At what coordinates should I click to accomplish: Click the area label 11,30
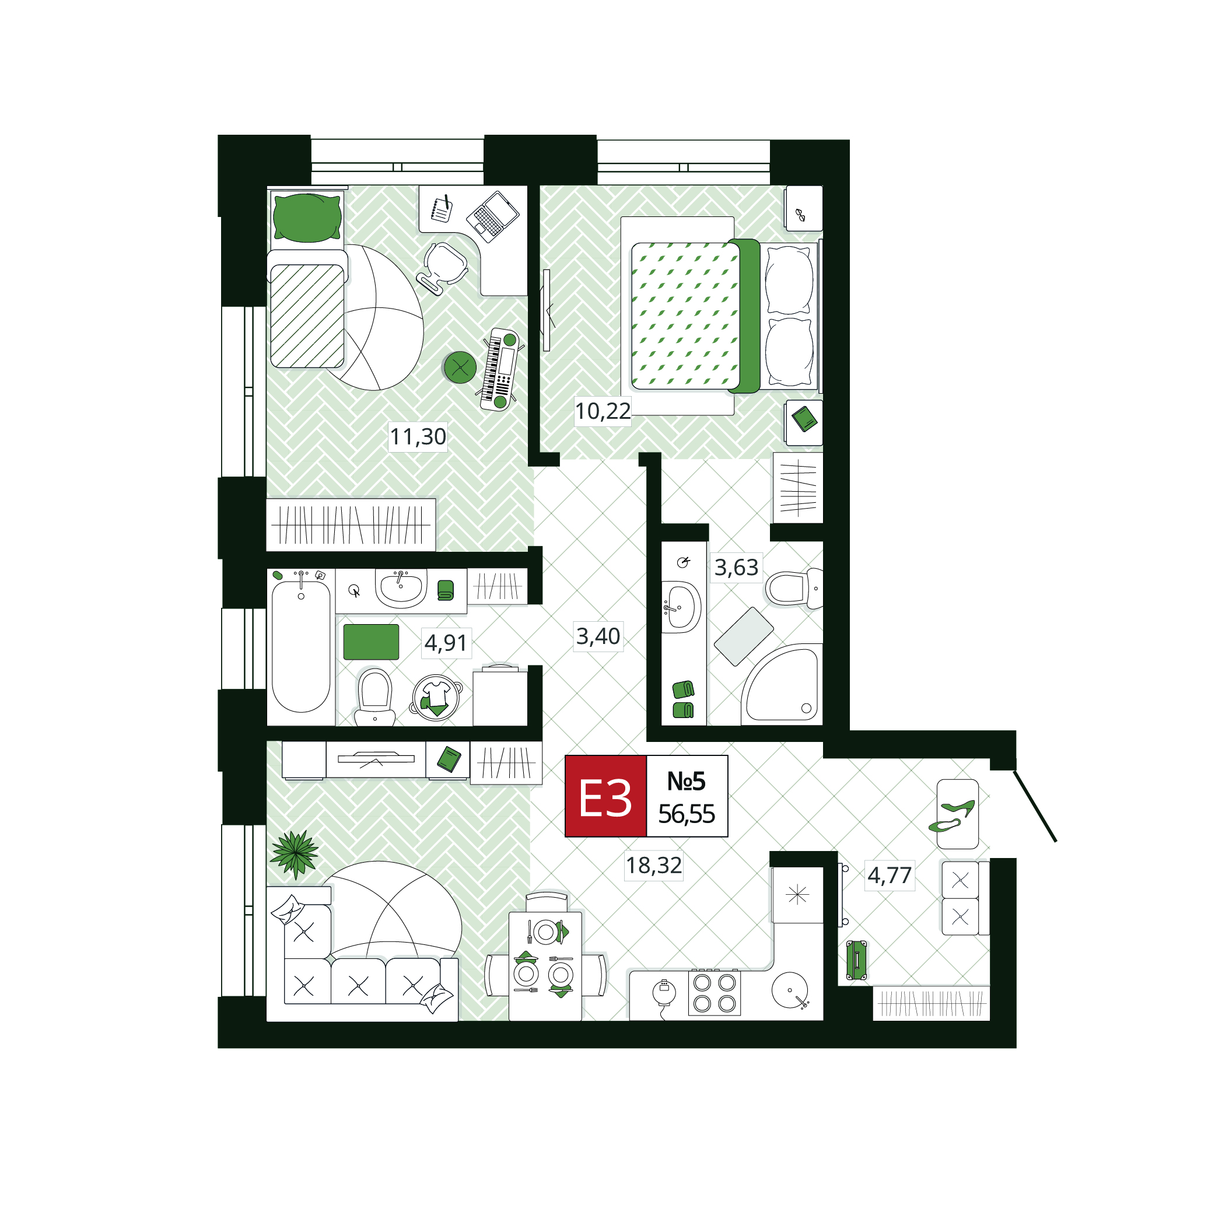pyautogui.click(x=418, y=436)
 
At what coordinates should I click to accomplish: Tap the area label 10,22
pyautogui.click(x=603, y=411)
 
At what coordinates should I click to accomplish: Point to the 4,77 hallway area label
pyautogui.click(x=890, y=875)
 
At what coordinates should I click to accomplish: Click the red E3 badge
pyautogui.click(x=605, y=796)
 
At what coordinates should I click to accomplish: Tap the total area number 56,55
pyautogui.click(x=687, y=814)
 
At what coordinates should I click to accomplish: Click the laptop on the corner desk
pyautogui.click(x=492, y=216)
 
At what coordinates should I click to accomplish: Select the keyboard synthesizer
pyautogui.click(x=500, y=370)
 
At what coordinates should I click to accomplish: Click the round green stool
pyautogui.click(x=460, y=367)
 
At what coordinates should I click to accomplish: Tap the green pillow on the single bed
pyautogui.click(x=307, y=218)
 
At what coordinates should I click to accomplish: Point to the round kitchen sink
pyautogui.click(x=790, y=990)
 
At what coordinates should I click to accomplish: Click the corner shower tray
pyautogui.click(x=782, y=684)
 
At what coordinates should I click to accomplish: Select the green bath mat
pyautogui.click(x=371, y=642)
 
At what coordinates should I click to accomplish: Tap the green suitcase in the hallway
pyautogui.click(x=856, y=960)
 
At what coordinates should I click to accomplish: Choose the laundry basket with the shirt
pyautogui.click(x=436, y=697)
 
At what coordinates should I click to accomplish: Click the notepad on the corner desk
pyautogui.click(x=442, y=209)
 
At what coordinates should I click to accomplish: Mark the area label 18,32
pyautogui.click(x=654, y=866)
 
